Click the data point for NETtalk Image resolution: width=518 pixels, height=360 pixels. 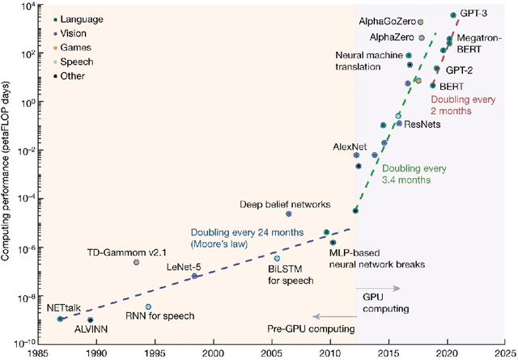tap(60, 320)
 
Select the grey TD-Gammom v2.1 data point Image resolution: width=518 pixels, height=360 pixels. tap(136, 262)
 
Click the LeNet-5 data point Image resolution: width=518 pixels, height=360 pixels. tap(194, 276)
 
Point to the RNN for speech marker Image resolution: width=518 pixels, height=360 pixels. tap(148, 307)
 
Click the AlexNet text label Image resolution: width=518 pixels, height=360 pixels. tap(350, 146)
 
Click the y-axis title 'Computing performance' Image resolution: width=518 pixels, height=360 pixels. tap(10, 173)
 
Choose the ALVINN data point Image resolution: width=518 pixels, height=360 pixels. tap(90, 320)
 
